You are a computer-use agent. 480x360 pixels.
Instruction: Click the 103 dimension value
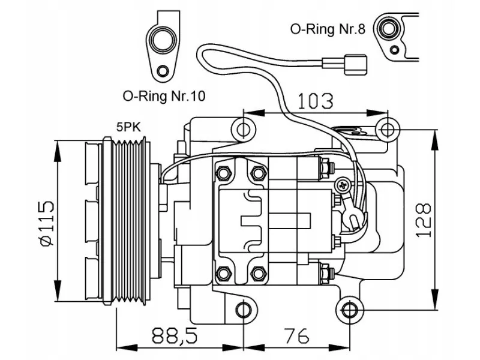(316, 101)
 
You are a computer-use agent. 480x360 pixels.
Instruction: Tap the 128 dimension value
(424, 220)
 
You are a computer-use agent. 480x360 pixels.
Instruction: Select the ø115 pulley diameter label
(47, 223)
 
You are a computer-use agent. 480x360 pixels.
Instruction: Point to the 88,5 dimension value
(175, 335)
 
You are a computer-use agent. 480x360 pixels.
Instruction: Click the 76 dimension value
(296, 335)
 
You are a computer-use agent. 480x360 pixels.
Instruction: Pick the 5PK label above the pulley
(128, 127)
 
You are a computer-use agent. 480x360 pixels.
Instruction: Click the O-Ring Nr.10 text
(164, 96)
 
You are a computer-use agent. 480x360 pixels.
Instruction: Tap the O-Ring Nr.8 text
(328, 29)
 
